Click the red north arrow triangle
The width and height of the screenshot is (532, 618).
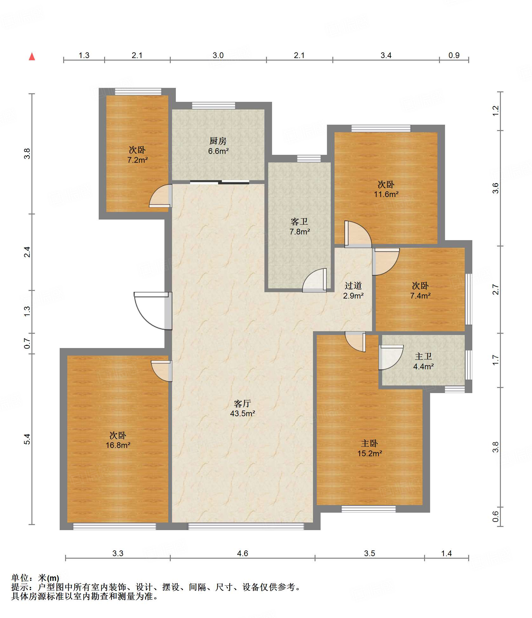point(32,56)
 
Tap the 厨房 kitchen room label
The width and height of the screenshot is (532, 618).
point(218,141)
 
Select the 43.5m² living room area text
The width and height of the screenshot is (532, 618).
point(243,413)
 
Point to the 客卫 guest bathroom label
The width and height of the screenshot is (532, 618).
point(299,221)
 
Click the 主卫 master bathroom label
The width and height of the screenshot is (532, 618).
point(423,356)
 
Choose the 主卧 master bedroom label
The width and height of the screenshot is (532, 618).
point(369,443)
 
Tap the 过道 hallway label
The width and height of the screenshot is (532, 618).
point(353,286)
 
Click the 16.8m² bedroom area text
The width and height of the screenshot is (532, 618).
point(118,445)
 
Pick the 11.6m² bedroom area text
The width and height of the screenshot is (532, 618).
point(386,194)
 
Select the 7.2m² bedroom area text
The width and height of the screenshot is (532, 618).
point(137,160)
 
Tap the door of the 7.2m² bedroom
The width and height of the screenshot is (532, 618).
point(161,196)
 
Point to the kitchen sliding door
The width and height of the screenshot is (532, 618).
point(220,182)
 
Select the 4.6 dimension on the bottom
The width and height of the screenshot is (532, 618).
point(243,553)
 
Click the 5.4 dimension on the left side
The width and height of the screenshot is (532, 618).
point(27,439)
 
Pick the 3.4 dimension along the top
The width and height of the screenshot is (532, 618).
point(386,55)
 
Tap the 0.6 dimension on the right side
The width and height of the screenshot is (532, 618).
point(495,517)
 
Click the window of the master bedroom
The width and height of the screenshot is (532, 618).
point(369,509)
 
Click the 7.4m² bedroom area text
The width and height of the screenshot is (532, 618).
point(420,296)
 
